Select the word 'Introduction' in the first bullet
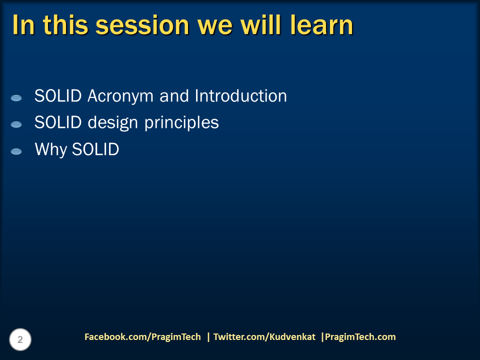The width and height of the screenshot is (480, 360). coord(241,96)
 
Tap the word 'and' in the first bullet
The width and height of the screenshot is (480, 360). coord(175,96)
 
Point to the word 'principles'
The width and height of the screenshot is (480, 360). coord(182,123)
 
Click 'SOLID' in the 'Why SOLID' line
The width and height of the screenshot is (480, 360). coord(95,149)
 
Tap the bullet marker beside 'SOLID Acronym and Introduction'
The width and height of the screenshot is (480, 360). coord(16,98)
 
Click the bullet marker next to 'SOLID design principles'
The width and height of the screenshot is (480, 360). coord(16,124)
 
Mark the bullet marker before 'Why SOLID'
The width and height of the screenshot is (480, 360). coord(16,151)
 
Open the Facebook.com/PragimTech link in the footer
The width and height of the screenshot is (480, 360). coord(142,337)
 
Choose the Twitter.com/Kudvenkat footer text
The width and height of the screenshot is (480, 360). coord(264,337)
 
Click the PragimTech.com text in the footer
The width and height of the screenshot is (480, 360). coord(360,337)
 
